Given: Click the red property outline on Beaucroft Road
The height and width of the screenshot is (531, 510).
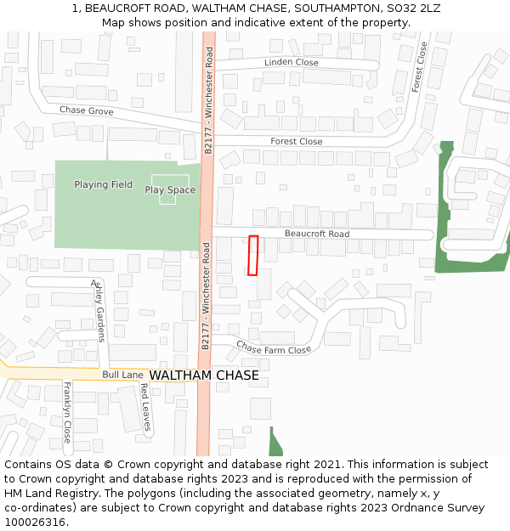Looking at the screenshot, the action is [x=253, y=255].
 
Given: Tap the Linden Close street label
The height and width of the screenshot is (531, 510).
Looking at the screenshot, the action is [x=291, y=63].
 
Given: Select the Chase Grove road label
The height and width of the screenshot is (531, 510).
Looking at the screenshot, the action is [x=86, y=110].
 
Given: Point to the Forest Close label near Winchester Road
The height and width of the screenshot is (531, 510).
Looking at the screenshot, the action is [x=297, y=141].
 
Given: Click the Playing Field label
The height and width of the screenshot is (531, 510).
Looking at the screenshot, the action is [x=103, y=184].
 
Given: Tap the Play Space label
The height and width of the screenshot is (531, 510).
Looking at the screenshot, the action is [x=170, y=189].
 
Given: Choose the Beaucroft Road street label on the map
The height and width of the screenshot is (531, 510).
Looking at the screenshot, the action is [x=316, y=234].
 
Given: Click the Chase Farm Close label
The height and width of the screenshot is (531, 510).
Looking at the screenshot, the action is [x=274, y=347].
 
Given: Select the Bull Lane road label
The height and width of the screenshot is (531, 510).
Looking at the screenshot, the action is [x=122, y=374].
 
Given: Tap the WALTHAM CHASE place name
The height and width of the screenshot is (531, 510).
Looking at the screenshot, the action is [x=204, y=376].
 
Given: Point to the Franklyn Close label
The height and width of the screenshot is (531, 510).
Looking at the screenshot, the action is [x=67, y=412].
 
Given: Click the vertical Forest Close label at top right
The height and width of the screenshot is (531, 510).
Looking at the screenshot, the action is [x=417, y=67].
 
